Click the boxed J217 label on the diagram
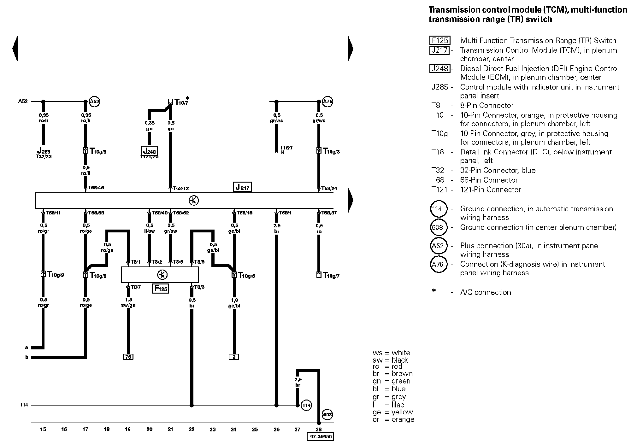pyautogui.click(x=242, y=187)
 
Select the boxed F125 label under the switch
pyautogui.click(x=160, y=288)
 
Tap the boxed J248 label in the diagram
pyautogui.click(x=149, y=151)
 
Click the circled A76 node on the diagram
pyautogui.click(x=328, y=102)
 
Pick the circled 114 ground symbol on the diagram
pyautogui.click(x=306, y=405)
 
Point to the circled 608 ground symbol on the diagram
pyautogui.click(x=328, y=414)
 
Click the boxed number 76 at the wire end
pyautogui.click(x=128, y=357)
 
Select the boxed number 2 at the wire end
pyautogui.click(x=234, y=357)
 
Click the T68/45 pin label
pyautogui.click(x=96, y=188)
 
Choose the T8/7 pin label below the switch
pyautogui.click(x=136, y=287)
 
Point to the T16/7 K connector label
pyautogui.click(x=286, y=150)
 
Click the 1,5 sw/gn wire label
pyautogui.click(x=128, y=302)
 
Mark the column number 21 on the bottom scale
pyautogui.click(x=170, y=429)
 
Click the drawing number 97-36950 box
pyautogui.click(x=320, y=437)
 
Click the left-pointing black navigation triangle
pyautogui.click(x=15, y=49)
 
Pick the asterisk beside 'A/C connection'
pyautogui.click(x=434, y=291)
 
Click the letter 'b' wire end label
pyautogui.click(x=27, y=357)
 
